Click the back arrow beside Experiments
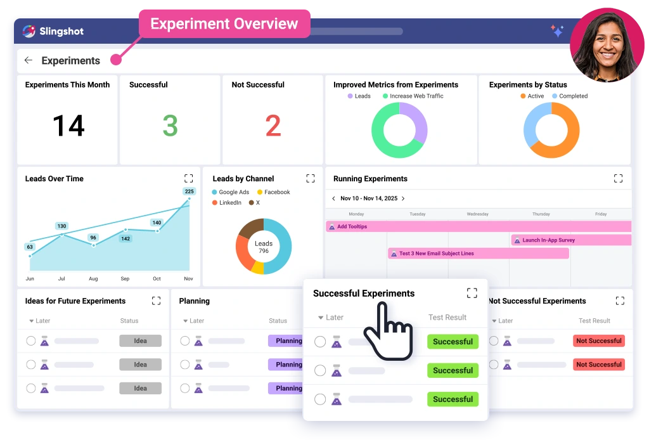(28, 60)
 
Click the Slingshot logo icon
(29, 31)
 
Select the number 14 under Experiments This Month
(68, 126)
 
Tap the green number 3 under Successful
(170, 126)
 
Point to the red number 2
(273, 126)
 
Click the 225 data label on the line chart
(189, 191)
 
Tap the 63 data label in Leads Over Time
(30, 247)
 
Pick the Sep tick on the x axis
(125, 279)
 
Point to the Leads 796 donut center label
(264, 247)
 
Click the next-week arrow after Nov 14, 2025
(403, 198)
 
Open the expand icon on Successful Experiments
(472, 293)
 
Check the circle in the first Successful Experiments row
(320, 342)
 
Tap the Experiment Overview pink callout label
(224, 25)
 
